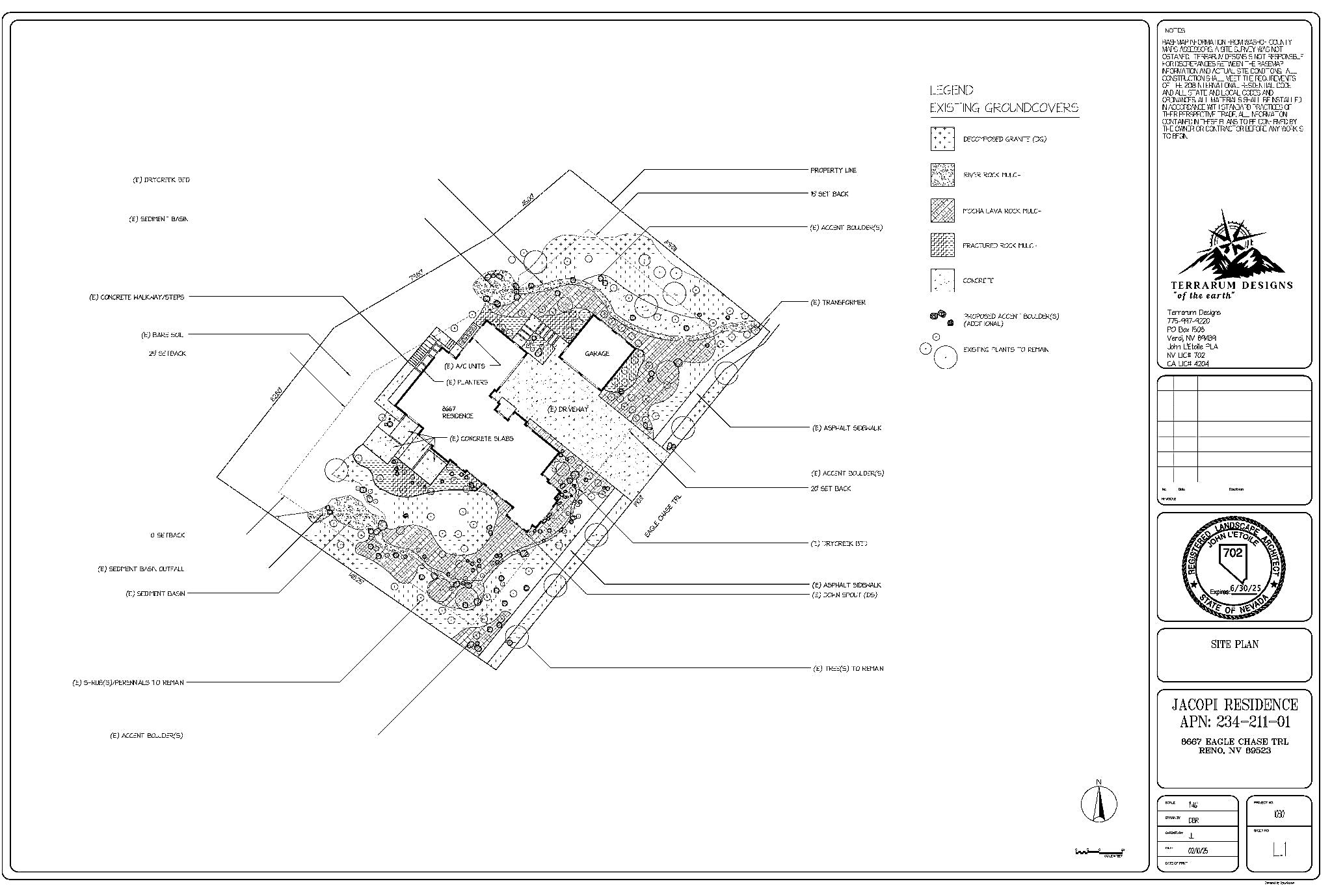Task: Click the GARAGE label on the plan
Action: click(x=596, y=354)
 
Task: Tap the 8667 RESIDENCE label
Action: click(x=457, y=412)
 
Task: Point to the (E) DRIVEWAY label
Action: click(x=567, y=409)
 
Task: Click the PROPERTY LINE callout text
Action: click(x=832, y=170)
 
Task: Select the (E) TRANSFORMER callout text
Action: click(x=837, y=303)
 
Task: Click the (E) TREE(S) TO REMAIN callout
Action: click(x=848, y=669)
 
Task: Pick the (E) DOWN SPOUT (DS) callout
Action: click(x=844, y=595)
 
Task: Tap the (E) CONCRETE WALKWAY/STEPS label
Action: click(x=137, y=297)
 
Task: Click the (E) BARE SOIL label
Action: click(x=162, y=335)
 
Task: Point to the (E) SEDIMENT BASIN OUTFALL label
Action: click(x=140, y=569)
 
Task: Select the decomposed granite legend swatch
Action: click(x=942, y=139)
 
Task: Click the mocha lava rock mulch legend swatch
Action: click(x=942, y=211)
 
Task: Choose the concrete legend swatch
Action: click(x=942, y=280)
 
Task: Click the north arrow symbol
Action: click(x=1099, y=804)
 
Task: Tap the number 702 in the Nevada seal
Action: click(x=1232, y=553)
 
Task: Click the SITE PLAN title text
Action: click(x=1234, y=644)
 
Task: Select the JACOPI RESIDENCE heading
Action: click(x=1234, y=705)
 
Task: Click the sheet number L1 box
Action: click(x=1279, y=850)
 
